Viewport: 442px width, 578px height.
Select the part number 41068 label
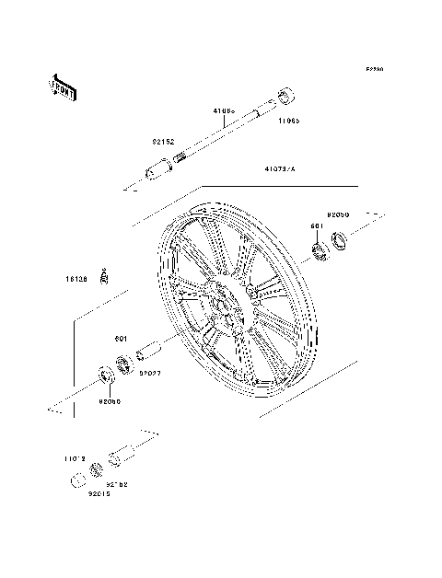(224, 111)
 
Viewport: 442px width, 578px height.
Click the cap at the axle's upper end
(284, 95)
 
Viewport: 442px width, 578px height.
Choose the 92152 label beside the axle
(164, 142)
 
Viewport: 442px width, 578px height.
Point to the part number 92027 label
(151, 374)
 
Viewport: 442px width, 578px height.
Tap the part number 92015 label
(99, 493)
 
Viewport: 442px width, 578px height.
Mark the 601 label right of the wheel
(316, 226)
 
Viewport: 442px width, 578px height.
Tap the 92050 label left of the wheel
(110, 400)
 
